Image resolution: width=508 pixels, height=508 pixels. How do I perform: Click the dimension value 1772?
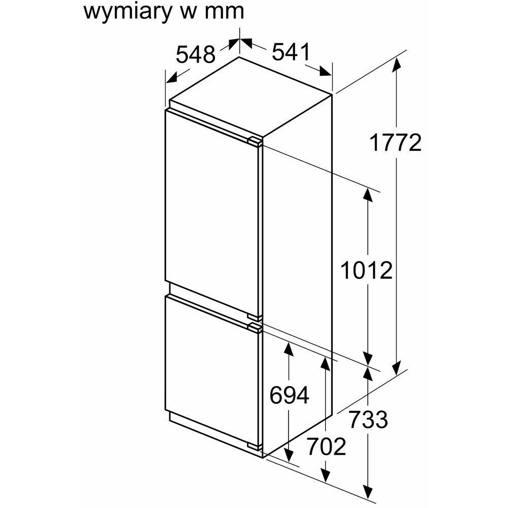[x=395, y=144]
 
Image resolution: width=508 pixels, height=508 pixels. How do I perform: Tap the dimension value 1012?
[x=366, y=271]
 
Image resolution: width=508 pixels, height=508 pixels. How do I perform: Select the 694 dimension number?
[x=289, y=395]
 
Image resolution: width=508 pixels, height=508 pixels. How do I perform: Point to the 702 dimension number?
[x=326, y=447]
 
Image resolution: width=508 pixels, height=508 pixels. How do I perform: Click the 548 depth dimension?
[x=196, y=54]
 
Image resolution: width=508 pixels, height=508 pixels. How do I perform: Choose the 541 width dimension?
[x=290, y=52]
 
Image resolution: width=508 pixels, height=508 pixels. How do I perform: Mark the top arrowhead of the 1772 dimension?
[x=397, y=63]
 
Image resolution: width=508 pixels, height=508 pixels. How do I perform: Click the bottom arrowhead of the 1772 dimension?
[x=397, y=367]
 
